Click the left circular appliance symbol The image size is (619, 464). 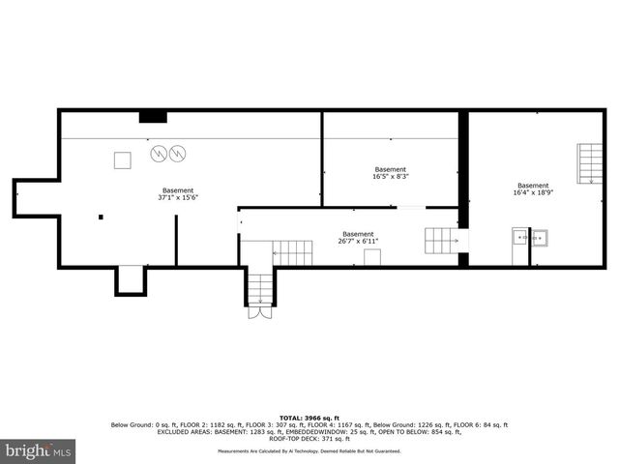point(158,153)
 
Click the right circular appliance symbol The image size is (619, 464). point(177,153)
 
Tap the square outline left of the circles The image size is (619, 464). point(122,160)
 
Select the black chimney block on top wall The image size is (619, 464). point(153,117)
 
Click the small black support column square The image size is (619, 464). point(101,217)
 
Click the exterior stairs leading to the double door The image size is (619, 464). point(259,288)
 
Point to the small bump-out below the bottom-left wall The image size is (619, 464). point(130,279)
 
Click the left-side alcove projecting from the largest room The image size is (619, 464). point(36,198)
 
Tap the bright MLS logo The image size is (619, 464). point(39,451)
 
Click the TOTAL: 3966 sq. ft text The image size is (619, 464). point(309,416)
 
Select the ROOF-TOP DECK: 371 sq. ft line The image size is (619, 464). point(309,438)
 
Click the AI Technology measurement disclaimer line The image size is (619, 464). point(309,451)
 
